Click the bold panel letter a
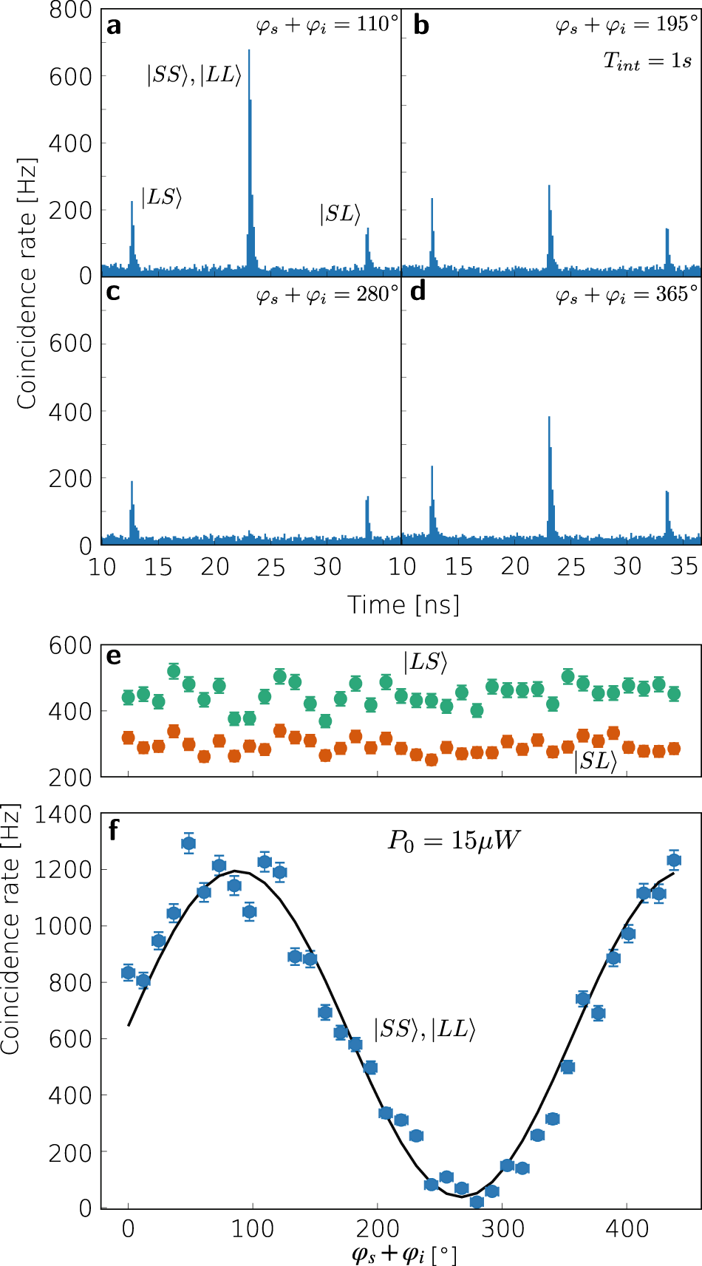[113, 27]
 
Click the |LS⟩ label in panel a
[161, 197]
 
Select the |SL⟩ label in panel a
[340, 214]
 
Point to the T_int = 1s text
[647, 61]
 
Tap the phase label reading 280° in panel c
[327, 296]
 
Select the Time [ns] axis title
[403, 605]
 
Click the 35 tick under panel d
[684, 568]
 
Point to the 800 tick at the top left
[70, 10]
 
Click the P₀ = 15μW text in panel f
[454, 840]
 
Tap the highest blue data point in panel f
[188, 843]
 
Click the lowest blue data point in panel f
[477, 1202]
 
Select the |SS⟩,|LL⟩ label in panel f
[424, 1029]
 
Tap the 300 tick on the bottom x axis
[502, 1229]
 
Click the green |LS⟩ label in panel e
[426, 662]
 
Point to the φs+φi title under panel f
[403, 1254]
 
